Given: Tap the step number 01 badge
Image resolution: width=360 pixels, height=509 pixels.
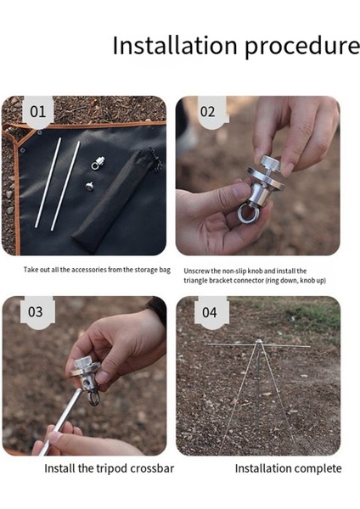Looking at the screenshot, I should tap(38, 111).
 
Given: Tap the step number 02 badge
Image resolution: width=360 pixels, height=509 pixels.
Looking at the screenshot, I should tap(208, 111).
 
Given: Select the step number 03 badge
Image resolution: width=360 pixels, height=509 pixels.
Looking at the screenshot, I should tap(36, 311).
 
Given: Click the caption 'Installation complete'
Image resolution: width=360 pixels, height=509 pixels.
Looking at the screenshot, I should tap(288, 468).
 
